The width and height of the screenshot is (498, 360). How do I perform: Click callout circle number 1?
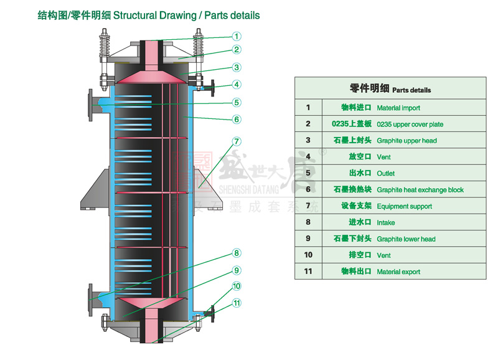(x=237, y=37)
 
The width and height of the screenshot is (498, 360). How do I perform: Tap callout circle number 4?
(x=237, y=85)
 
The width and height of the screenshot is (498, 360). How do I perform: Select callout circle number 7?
(x=237, y=141)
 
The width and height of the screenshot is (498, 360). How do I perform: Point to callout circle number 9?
(x=237, y=270)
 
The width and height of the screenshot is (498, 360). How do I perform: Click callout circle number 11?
(x=237, y=303)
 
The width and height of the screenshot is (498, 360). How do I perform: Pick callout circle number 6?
(x=237, y=119)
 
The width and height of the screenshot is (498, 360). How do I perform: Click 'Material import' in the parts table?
(x=398, y=108)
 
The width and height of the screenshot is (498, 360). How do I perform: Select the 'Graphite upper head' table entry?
(x=406, y=141)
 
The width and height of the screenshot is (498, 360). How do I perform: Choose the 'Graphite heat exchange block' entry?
(x=420, y=190)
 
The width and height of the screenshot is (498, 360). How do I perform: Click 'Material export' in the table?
(x=398, y=272)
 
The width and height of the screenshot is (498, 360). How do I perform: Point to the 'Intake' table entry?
(x=386, y=222)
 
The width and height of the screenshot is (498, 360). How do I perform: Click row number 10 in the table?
(x=308, y=255)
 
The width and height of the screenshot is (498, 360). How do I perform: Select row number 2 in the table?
(x=308, y=124)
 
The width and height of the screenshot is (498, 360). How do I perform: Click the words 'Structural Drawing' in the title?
(x=153, y=15)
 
